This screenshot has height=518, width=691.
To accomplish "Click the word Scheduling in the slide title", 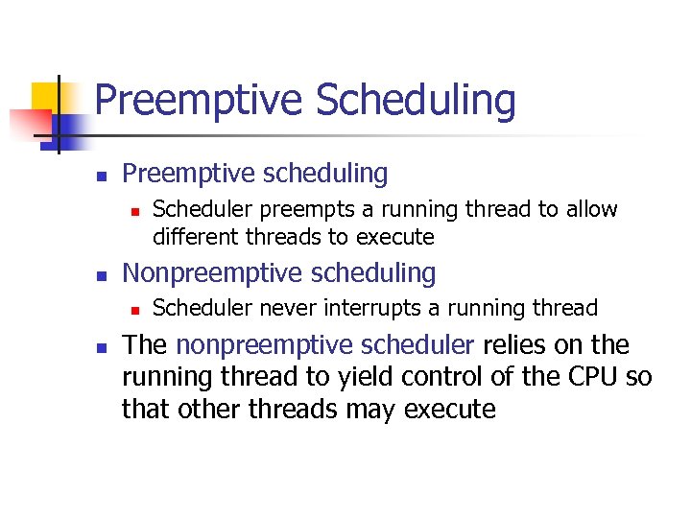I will click(x=415, y=101).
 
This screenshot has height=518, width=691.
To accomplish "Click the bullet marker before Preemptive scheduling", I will click(x=100, y=176).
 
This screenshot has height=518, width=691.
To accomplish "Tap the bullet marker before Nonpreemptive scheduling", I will click(x=100, y=275).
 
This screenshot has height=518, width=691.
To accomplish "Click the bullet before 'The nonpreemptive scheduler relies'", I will click(x=100, y=346).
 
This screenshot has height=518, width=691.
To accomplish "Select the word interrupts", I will click(x=367, y=308).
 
